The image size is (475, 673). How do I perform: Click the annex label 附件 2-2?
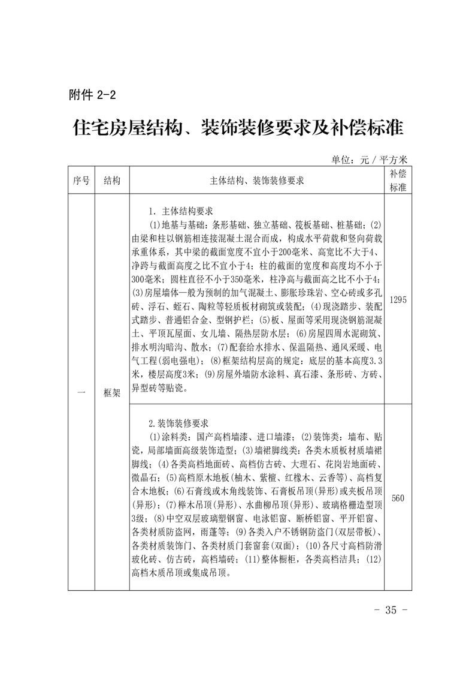pyautogui.click(x=92, y=94)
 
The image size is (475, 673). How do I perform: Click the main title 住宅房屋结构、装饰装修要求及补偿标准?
pyautogui.click(x=238, y=128)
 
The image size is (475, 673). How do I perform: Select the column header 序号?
pyautogui.click(x=80, y=181)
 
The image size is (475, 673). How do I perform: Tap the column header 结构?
pyautogui.click(x=112, y=181)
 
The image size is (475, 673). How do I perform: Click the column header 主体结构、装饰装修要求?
pyautogui.click(x=257, y=181)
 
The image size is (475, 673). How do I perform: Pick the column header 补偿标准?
pyautogui.click(x=398, y=180)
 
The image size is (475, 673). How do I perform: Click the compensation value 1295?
pyautogui.click(x=398, y=300)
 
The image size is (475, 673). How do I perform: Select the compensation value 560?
pyautogui.click(x=398, y=498)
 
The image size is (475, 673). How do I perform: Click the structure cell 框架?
pyautogui.click(x=112, y=393)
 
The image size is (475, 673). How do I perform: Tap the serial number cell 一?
pyautogui.click(x=80, y=393)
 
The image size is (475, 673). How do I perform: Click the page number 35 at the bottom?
pyautogui.click(x=391, y=610)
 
